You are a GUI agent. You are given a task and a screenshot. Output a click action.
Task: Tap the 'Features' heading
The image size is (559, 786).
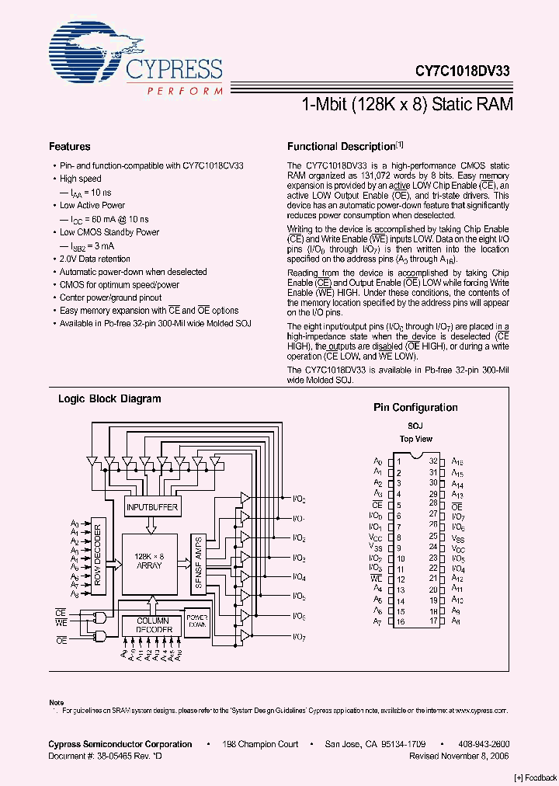[x=69, y=147]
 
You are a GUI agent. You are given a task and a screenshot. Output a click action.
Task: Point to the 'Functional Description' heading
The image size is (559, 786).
[x=342, y=147]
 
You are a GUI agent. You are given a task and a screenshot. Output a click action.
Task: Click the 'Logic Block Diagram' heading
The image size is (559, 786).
[x=109, y=399]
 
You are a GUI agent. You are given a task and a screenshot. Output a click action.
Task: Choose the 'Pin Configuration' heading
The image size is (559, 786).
[x=415, y=408]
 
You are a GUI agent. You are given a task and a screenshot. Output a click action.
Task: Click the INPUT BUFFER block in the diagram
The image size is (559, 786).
[x=152, y=507]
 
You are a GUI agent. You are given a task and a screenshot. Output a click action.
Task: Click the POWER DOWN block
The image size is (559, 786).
[x=196, y=620]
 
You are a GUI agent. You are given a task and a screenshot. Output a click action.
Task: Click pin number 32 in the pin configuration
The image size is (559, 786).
[x=433, y=461]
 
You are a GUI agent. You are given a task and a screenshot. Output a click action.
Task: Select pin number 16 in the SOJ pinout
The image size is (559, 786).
[x=400, y=621]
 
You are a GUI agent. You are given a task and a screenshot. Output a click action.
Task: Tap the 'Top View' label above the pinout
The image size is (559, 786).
[x=415, y=439]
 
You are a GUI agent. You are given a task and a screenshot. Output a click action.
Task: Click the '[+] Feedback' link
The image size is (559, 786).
[x=535, y=777]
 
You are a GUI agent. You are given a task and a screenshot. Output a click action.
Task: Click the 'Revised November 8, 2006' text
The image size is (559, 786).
[x=459, y=755]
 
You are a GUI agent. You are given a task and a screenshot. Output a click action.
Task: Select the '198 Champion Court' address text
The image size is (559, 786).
[x=261, y=744]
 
